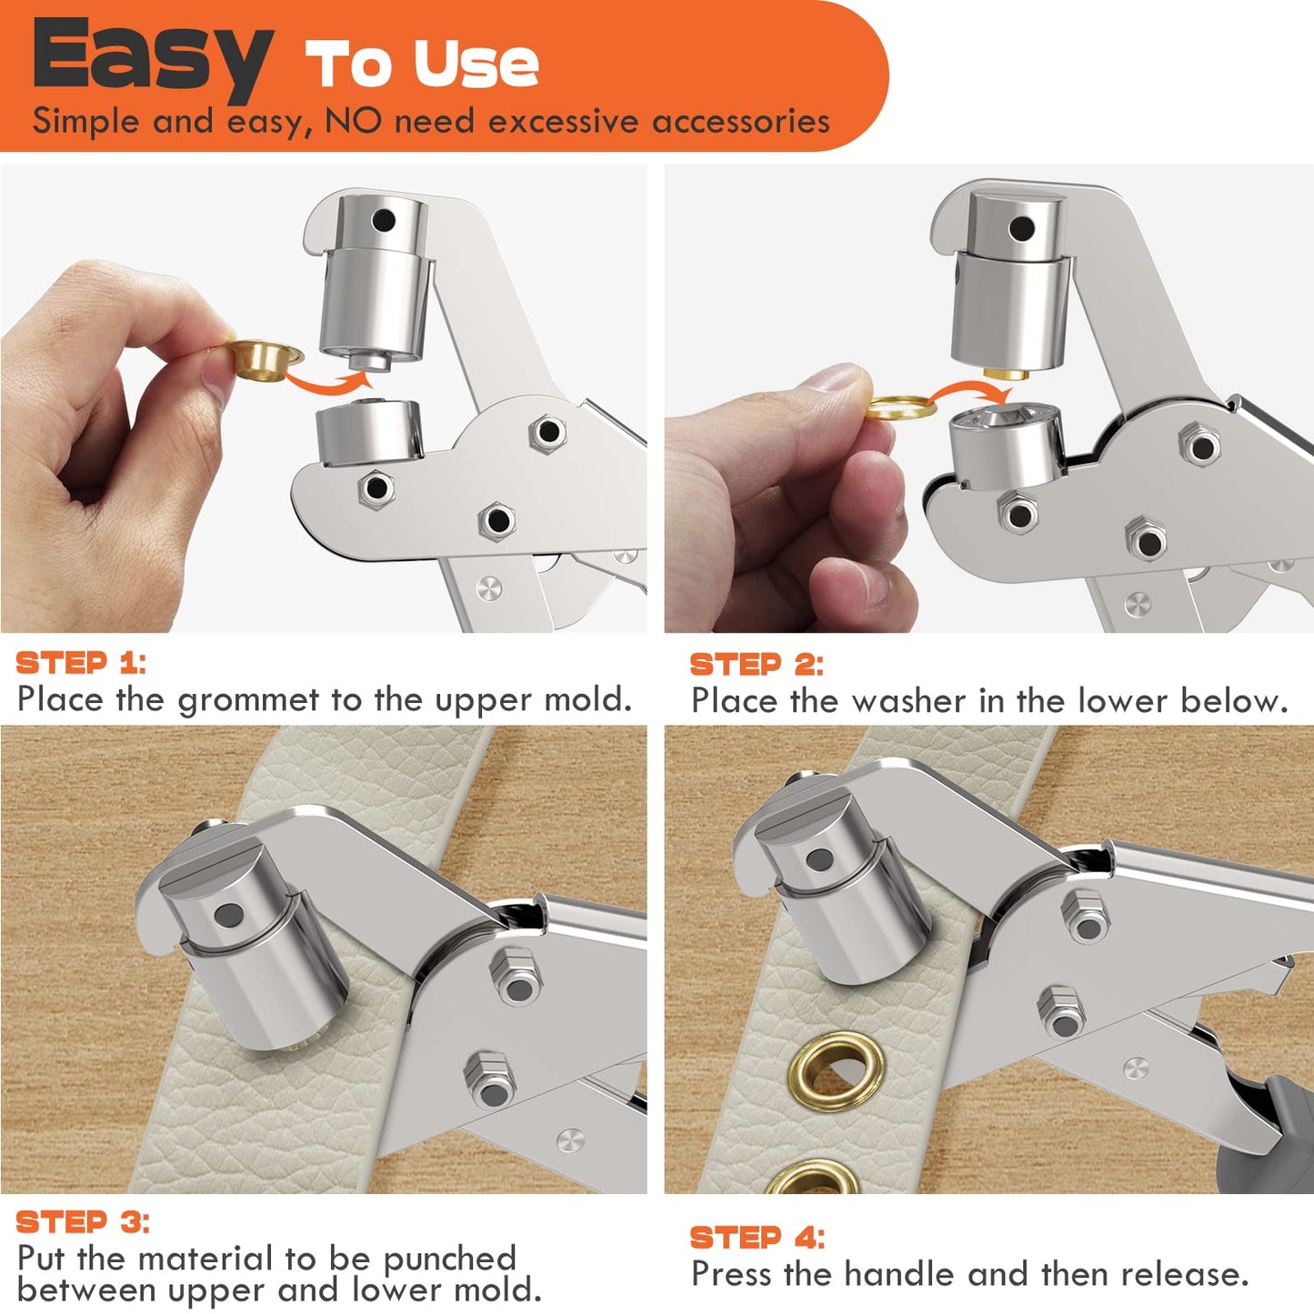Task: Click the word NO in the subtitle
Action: [x=353, y=121]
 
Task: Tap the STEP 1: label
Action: [x=80, y=663]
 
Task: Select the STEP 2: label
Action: [x=756, y=665]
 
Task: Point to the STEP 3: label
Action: [x=83, y=1222]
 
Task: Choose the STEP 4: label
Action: [x=757, y=1238]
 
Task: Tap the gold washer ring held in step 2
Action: [x=899, y=406]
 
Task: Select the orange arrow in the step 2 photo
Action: [x=972, y=391]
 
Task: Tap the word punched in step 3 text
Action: [x=449, y=1259]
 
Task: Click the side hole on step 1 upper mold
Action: [x=384, y=220]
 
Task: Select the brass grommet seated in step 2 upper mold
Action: [x=1005, y=371]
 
